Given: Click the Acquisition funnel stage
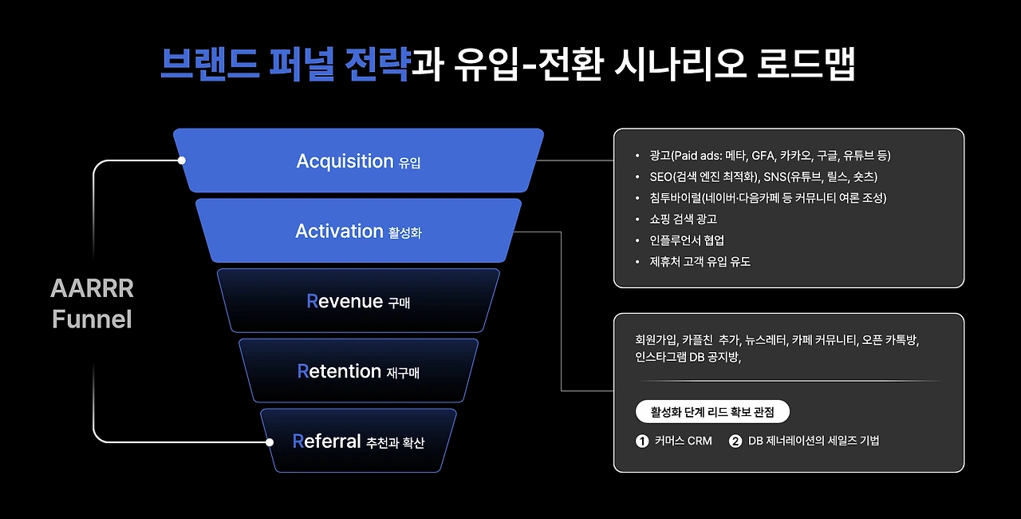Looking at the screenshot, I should [x=358, y=160].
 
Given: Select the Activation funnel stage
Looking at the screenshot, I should [x=358, y=231].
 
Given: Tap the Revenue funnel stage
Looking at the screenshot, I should [x=358, y=301].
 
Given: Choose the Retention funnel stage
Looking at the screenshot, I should [x=358, y=371].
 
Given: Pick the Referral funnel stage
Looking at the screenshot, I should [x=358, y=441].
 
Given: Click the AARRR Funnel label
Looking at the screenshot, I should [x=92, y=303].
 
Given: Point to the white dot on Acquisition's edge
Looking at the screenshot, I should [x=182, y=160].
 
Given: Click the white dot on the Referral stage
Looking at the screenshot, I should [x=270, y=442].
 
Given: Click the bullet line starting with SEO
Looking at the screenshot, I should [x=758, y=176].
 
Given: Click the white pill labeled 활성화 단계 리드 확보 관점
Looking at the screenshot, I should [x=712, y=412].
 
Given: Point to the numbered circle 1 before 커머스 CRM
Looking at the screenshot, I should [x=642, y=441].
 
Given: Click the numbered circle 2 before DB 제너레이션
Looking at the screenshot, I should [x=735, y=441].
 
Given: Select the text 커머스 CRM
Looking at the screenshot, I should [x=683, y=441].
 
